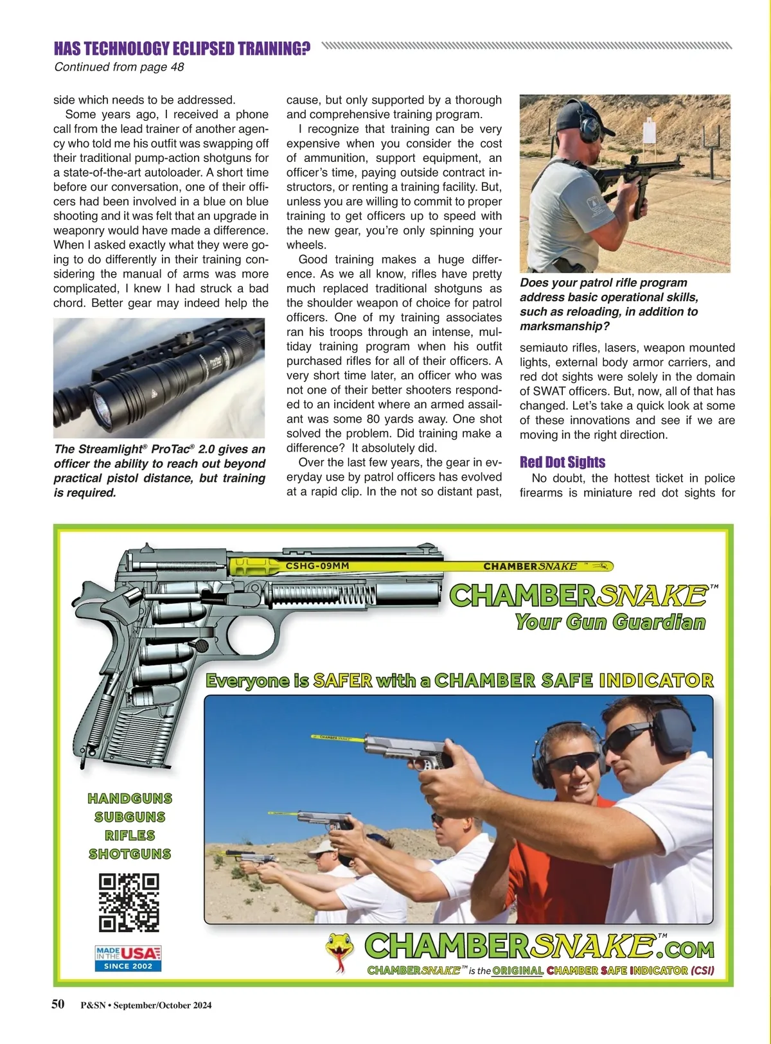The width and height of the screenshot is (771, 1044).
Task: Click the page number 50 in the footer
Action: point(58,1004)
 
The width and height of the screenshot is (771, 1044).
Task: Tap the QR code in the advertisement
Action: point(128,902)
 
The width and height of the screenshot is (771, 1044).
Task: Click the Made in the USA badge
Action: point(128,958)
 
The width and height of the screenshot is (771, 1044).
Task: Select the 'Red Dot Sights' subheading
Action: point(562,462)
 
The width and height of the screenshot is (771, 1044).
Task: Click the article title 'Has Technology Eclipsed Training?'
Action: point(182,49)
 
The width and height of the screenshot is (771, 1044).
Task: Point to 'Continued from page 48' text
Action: point(119,67)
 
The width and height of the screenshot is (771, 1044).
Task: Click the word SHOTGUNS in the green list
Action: point(130,854)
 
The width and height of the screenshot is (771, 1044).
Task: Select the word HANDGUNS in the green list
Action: point(130,799)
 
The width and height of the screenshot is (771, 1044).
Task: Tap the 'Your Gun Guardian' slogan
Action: point(610,622)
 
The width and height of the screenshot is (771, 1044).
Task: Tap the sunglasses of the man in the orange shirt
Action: point(572,763)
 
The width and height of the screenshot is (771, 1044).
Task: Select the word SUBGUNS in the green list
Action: point(130,817)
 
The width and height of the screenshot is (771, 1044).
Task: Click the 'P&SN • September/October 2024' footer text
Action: point(146,1005)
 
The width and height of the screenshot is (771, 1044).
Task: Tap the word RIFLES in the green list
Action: point(130,835)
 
